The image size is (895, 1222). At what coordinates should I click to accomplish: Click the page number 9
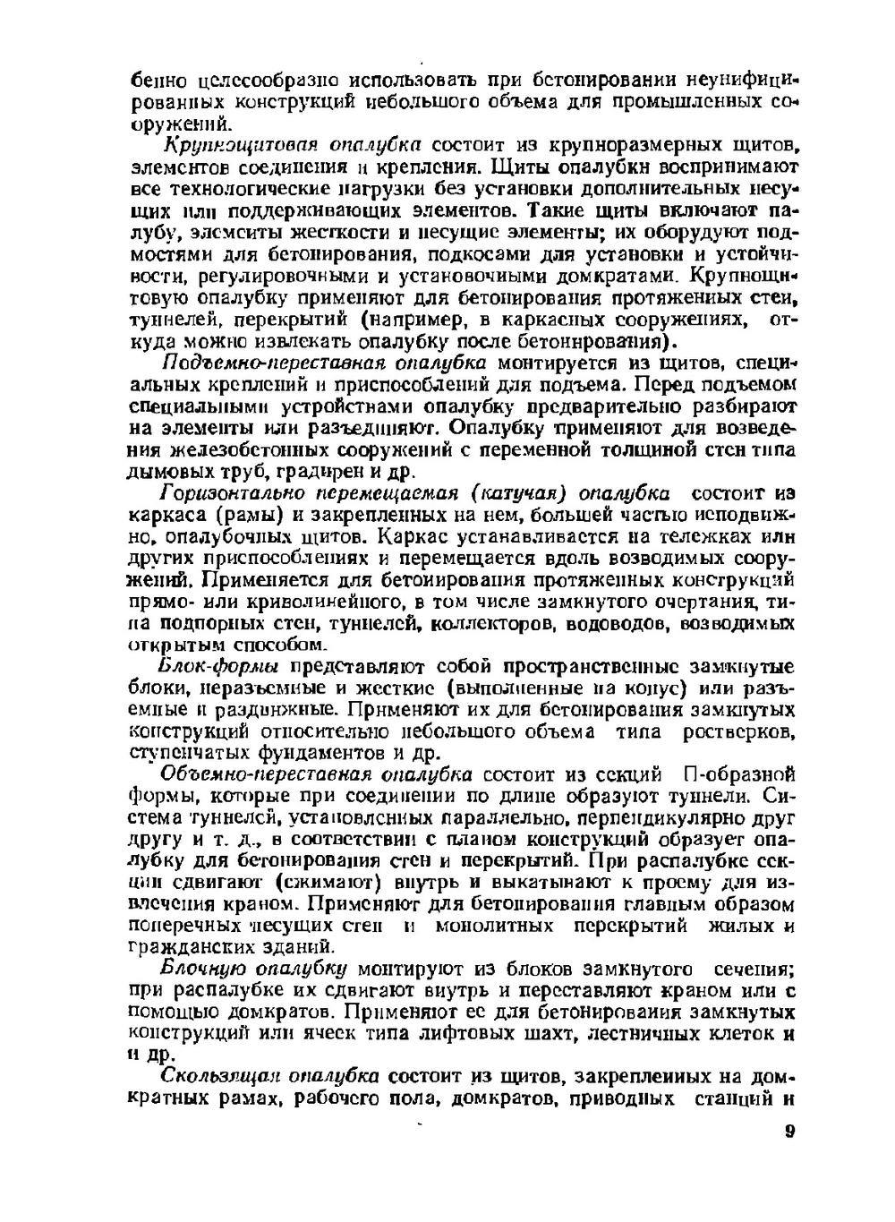coord(789,1131)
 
